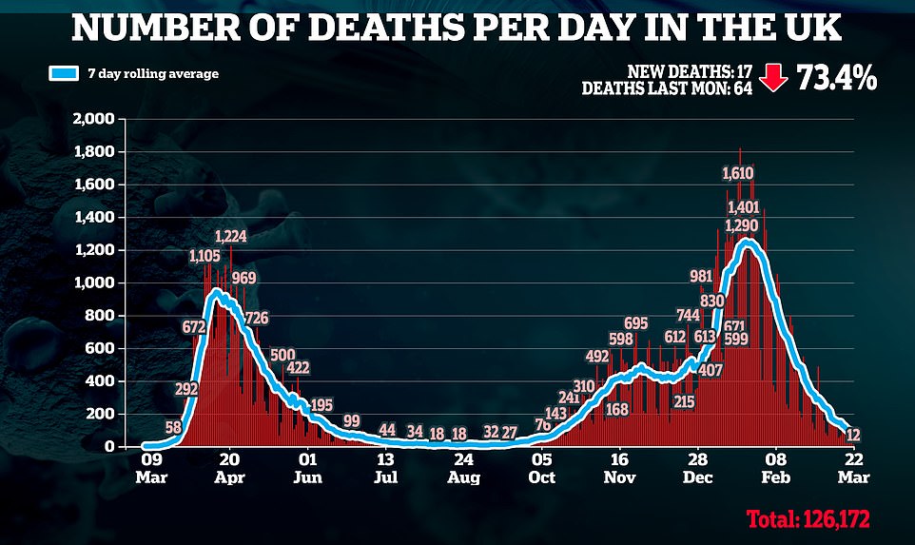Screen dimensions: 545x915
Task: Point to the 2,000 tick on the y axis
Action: (x=92, y=119)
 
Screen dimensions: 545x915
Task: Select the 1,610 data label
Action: (x=738, y=173)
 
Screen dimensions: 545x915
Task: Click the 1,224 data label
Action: (x=230, y=237)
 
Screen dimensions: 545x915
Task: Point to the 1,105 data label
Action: (x=204, y=256)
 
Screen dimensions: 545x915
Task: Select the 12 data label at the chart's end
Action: (x=853, y=435)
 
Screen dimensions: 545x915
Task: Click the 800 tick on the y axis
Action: (x=100, y=316)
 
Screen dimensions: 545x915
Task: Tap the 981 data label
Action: (x=700, y=277)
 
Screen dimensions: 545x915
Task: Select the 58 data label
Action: (x=173, y=428)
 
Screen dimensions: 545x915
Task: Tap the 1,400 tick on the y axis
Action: (x=92, y=217)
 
